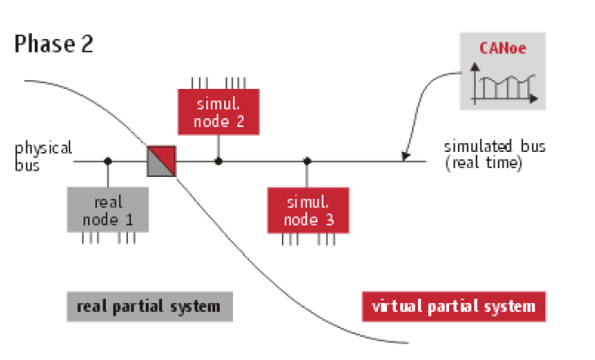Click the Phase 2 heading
pos(53,44)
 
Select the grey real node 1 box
pos(107,209)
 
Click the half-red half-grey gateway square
pos(163,162)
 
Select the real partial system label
pos(149,307)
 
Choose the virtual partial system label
pos(454,307)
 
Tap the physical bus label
pos(43,155)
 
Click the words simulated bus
pos(483,147)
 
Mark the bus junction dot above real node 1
pos(108,162)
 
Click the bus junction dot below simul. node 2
pos(218,162)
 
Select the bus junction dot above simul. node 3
pos(307,162)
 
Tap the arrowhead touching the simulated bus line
pos(406,158)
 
